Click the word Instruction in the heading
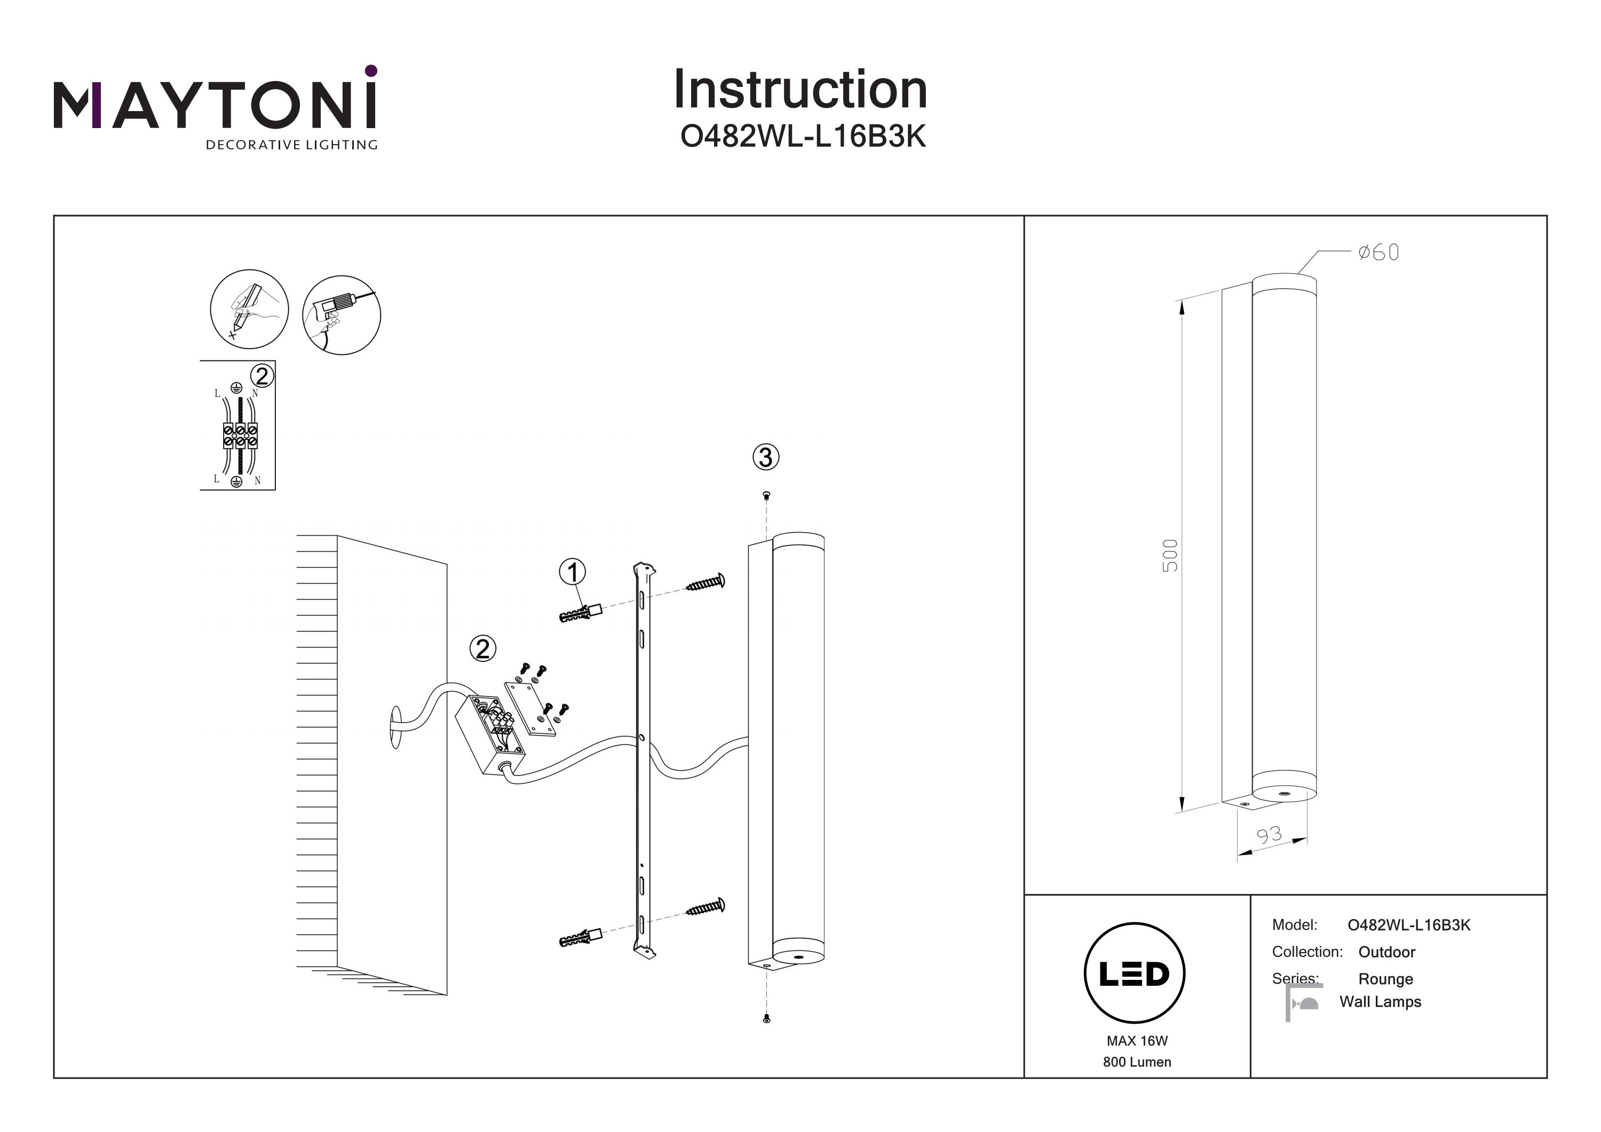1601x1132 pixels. point(800,90)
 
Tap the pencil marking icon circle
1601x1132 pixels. point(249,309)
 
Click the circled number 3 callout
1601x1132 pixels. point(766,457)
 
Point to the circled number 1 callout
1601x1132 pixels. point(573,573)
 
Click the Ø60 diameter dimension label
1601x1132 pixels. point(1378,252)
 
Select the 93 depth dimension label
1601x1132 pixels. point(1269,835)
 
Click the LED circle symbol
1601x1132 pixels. point(1135,973)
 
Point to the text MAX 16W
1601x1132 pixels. point(1137,1041)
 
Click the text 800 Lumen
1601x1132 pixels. point(1137,1062)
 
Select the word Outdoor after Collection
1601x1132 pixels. point(1386,952)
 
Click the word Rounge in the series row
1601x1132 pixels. point(1385,979)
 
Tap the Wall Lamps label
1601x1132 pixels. point(1380,1002)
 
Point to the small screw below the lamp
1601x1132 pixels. point(766,1019)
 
